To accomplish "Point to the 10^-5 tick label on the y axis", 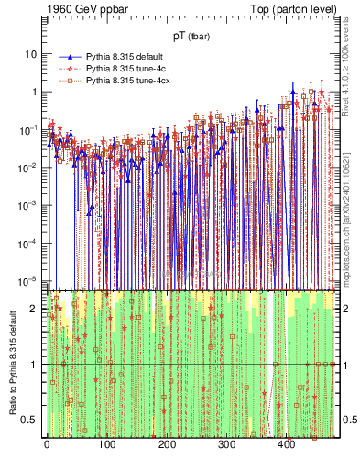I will click(x=27, y=279).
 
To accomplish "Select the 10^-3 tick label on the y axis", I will click(x=27, y=204).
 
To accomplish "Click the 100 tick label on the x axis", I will click(x=106, y=444).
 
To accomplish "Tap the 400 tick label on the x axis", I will click(x=287, y=444).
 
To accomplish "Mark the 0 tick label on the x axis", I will click(x=47, y=444).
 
